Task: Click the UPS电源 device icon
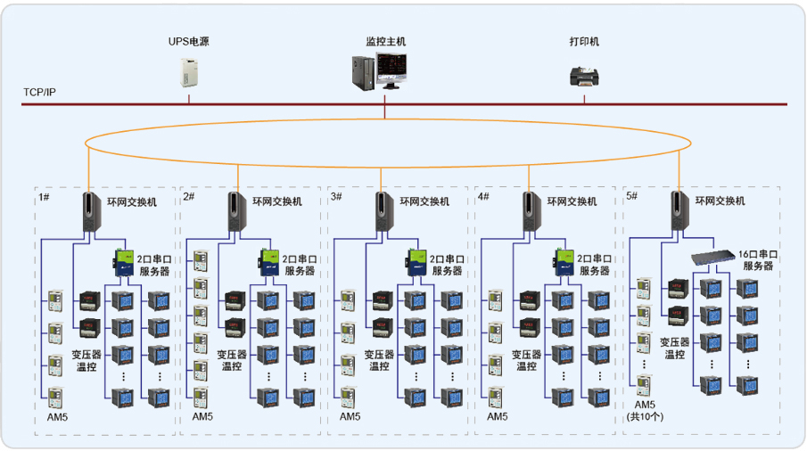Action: click(188, 73)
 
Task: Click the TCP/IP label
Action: click(39, 94)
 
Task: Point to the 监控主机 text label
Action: click(385, 41)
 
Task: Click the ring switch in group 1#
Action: click(90, 214)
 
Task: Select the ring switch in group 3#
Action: click(383, 214)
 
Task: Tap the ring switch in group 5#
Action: click(679, 214)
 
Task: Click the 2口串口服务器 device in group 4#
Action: click(562, 260)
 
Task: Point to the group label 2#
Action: click(189, 196)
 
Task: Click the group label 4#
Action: click(482, 196)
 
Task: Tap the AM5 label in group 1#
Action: click(55, 416)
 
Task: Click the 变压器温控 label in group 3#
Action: click(380, 360)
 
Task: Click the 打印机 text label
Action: click(585, 41)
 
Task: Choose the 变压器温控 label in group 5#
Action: click(678, 348)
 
